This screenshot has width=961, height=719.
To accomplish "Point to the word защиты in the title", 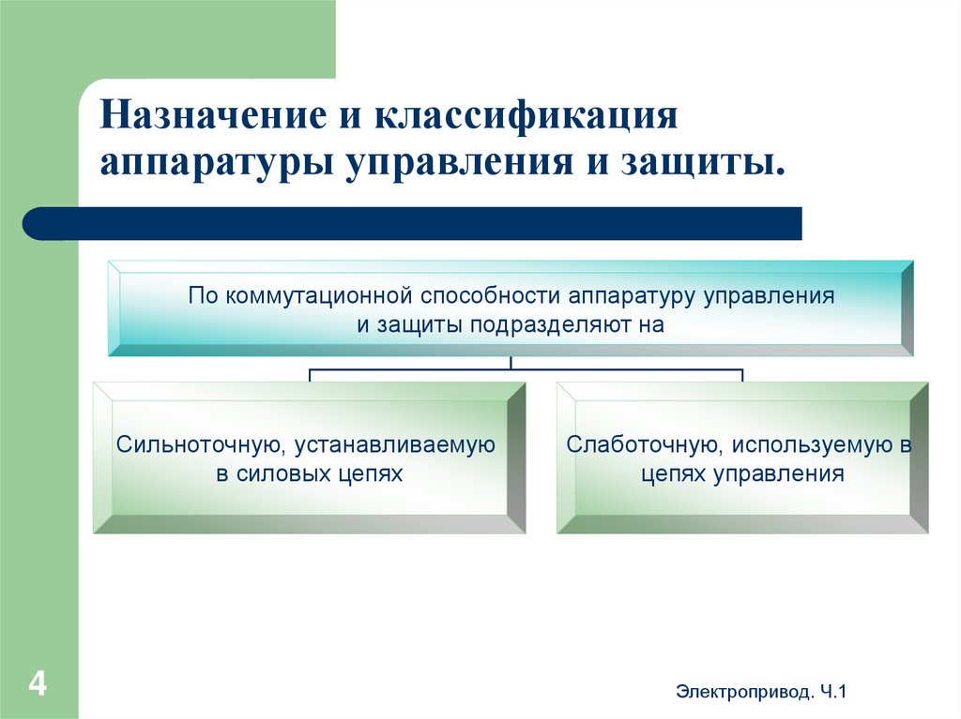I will tap(711, 162).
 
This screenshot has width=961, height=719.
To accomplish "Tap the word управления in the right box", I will tap(778, 474).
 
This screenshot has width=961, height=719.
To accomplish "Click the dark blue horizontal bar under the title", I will tap(413, 224).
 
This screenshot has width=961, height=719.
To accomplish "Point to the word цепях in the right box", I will tap(674, 474).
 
